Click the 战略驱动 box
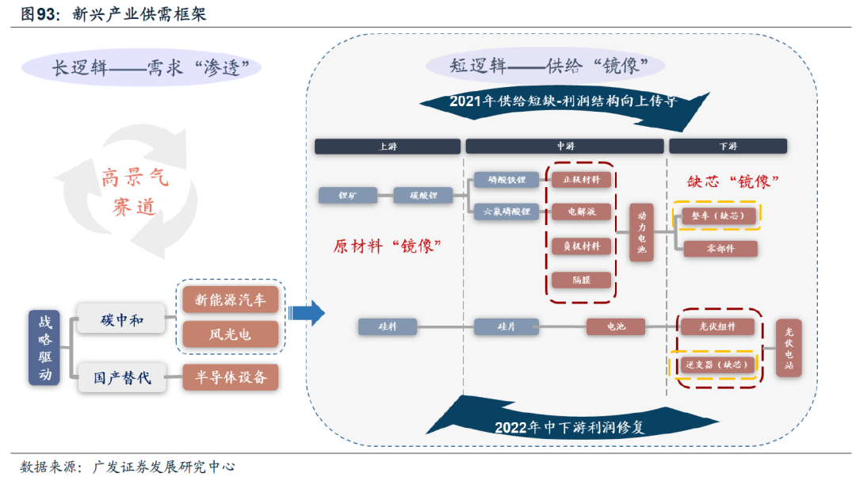coord(44,347)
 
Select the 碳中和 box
coord(121,320)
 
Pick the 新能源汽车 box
coord(231,299)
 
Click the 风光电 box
coord(231,334)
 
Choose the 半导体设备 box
coord(231,377)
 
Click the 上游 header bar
coord(387,147)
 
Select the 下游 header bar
coord(728,147)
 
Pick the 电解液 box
coord(581,212)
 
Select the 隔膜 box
coord(581,279)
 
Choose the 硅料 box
coord(387,326)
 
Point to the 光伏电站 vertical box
coord(788,347)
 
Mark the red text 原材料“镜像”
coord(386,246)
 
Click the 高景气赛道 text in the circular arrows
coord(135,193)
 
